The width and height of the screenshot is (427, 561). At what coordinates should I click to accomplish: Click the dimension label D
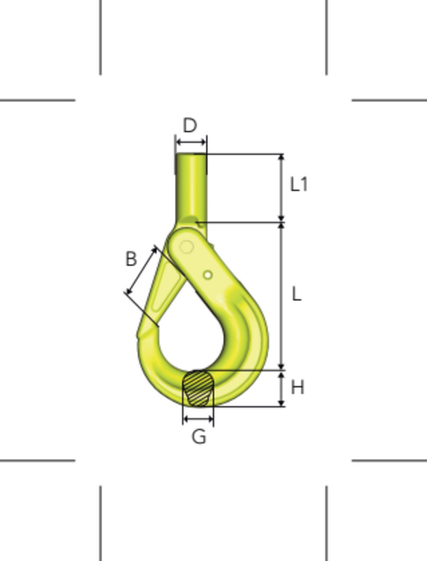190,125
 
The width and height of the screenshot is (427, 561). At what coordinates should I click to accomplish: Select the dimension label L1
298,185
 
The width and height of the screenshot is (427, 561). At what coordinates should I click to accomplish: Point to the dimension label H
297,387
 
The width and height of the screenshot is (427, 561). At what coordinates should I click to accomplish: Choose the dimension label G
199,436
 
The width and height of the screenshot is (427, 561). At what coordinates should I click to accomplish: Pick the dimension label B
130,259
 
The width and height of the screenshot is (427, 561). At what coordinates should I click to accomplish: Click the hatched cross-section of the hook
198,388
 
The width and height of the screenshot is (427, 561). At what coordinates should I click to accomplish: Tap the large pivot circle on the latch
187,247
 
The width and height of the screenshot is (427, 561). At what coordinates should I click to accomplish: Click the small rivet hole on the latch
208,274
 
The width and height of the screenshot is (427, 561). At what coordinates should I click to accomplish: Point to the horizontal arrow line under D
191,142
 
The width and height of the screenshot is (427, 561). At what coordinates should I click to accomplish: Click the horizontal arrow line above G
198,418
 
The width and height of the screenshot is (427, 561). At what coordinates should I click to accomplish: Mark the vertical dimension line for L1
281,188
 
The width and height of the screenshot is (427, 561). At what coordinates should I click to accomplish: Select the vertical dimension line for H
281,388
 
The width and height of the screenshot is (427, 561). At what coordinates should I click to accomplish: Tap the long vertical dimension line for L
281,296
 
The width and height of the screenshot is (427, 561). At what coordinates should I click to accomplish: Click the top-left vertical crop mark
101,37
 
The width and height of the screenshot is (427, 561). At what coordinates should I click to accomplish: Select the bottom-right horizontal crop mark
389,461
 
